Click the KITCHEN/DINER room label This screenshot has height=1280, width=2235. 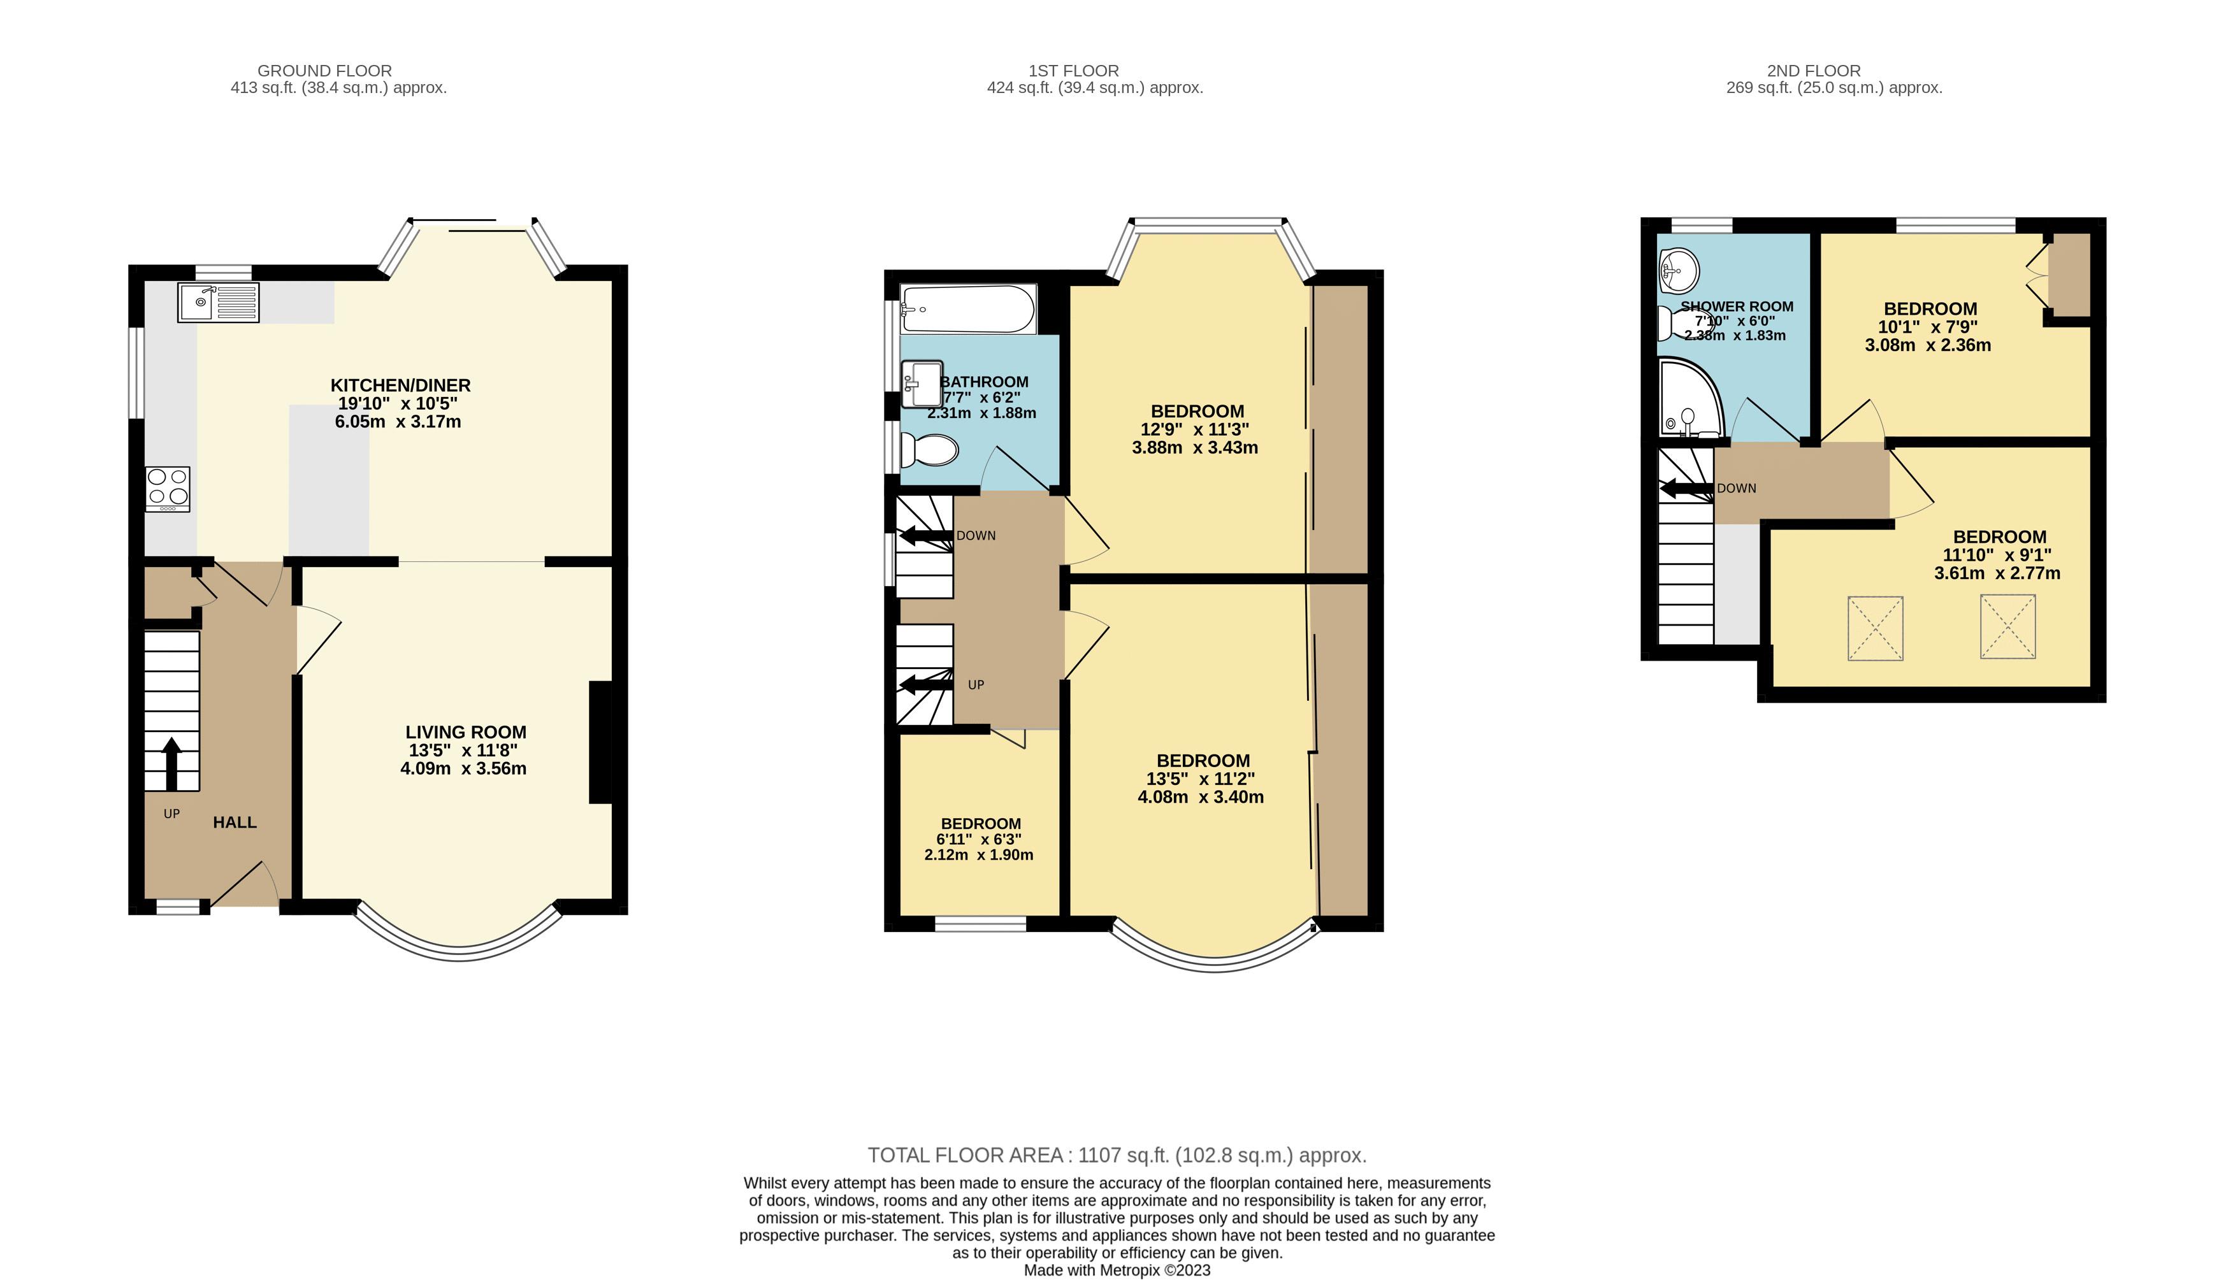(400, 385)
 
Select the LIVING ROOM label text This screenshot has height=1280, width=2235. (465, 731)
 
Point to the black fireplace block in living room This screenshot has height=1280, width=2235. (600, 742)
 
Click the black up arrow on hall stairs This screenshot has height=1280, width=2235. (171, 762)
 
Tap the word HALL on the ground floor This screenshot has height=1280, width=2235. (235, 822)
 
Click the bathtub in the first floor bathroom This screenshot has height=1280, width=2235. (967, 308)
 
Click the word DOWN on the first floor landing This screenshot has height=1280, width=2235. (976, 535)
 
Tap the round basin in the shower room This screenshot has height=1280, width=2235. (1679, 269)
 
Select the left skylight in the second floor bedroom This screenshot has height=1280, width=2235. (1874, 628)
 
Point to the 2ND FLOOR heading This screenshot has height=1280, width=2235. (1813, 70)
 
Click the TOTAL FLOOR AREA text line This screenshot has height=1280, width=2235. (1117, 1154)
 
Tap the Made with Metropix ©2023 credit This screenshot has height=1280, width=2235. (1117, 1270)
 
